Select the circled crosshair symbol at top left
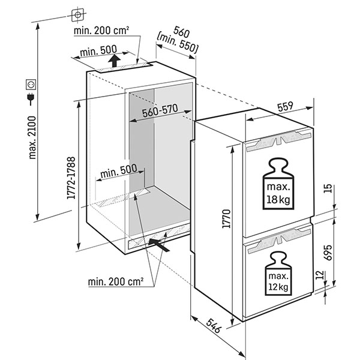(x=76, y=13)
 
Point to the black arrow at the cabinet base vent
(x=158, y=243)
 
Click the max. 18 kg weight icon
(x=278, y=184)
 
